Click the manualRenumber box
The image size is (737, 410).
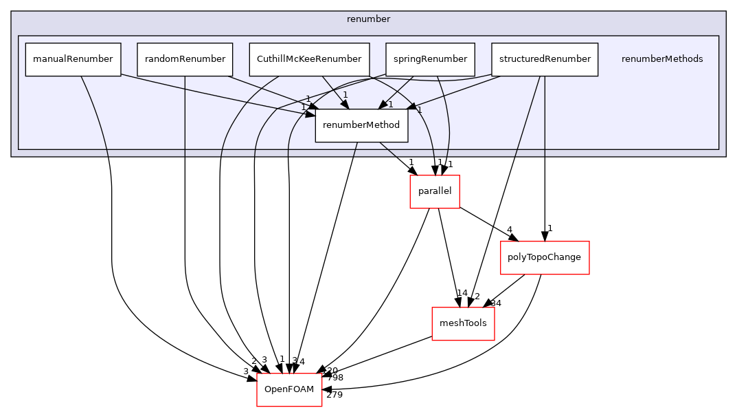click(x=73, y=59)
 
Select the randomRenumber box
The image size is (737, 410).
click(x=185, y=59)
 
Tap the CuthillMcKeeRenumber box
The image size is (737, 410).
click(x=309, y=59)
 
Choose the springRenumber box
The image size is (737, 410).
click(x=430, y=59)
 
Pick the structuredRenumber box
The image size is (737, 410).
click(x=545, y=59)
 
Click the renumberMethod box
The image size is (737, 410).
click(x=361, y=125)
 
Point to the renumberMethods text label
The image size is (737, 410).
click(x=661, y=59)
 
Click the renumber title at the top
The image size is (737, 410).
click(x=368, y=19)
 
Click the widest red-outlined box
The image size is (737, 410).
click(x=545, y=258)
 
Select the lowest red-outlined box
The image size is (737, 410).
click(x=289, y=390)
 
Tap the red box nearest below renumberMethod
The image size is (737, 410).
click(x=434, y=192)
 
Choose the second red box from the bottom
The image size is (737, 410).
click(x=463, y=324)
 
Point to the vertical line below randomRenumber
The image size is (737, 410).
click(x=185, y=117)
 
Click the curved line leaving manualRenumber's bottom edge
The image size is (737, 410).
click(x=96, y=117)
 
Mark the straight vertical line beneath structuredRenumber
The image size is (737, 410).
click(x=545, y=117)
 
